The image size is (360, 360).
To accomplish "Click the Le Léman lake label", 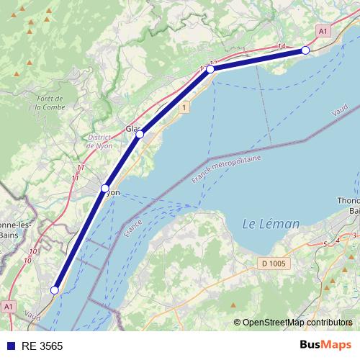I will (x=271, y=224).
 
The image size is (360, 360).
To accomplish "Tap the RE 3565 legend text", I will (x=42, y=346).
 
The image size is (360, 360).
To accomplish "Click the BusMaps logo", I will (x=325, y=345).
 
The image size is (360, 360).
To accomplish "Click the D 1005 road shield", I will (x=274, y=264).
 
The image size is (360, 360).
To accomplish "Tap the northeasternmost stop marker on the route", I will (x=305, y=50).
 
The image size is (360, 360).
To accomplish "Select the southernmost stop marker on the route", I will (x=54, y=290).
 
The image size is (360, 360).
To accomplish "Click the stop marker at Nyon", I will (x=105, y=188).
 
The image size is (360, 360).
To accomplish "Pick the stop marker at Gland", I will (x=140, y=134).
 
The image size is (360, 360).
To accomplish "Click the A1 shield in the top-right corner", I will (x=323, y=31).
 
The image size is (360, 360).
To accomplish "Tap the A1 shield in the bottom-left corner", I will (x=8, y=307).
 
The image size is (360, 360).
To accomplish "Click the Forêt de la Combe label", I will (x=50, y=103).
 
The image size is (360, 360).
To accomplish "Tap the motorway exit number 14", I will (x=280, y=47).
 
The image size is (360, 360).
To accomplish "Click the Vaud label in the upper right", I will (x=341, y=112).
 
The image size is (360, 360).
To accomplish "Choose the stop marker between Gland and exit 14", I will (x=210, y=69).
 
